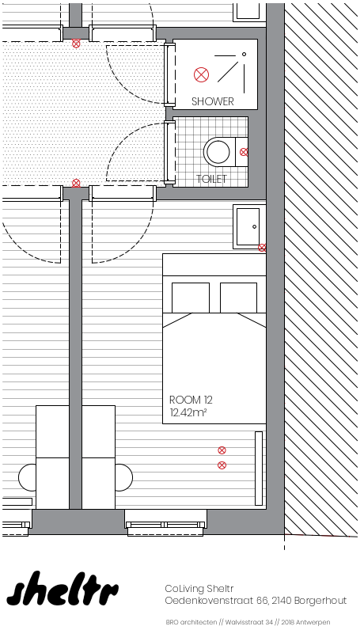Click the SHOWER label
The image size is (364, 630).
tap(213, 101)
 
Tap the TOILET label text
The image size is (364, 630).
tap(211, 179)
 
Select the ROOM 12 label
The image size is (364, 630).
tap(191, 400)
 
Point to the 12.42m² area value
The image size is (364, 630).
tap(188, 412)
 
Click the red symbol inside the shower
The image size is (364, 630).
tap(201, 74)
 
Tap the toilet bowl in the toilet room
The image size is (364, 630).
tap(218, 152)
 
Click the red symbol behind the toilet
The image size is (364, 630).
tap(244, 152)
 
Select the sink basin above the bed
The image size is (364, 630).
tap(248, 226)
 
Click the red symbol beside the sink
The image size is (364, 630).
tap(262, 248)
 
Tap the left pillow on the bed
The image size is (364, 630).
tap(191, 298)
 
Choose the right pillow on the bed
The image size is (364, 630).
tap(239, 298)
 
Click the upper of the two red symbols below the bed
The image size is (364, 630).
tap(222, 450)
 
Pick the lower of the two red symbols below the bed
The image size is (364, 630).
tap(222, 465)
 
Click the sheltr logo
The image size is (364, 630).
tap(63, 589)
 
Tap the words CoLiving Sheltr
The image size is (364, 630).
tap(199, 589)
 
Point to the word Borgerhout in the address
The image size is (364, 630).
tap(320, 601)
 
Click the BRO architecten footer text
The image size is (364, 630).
tap(191, 622)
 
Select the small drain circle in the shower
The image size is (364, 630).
tap(244, 54)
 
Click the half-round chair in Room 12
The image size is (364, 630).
tap(124, 477)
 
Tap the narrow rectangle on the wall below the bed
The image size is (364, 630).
tap(259, 469)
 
